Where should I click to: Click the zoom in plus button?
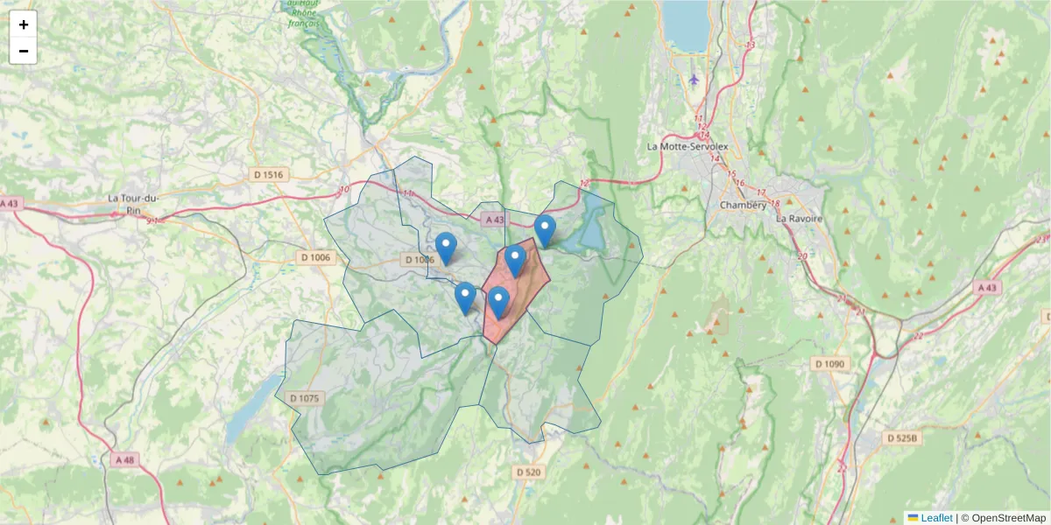[24, 24]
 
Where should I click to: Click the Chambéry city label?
[742, 205]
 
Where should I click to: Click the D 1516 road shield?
[268, 175]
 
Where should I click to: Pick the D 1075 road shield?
[303, 398]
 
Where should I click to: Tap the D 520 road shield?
[530, 472]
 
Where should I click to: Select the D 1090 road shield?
[829, 363]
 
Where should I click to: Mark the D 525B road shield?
[903, 437]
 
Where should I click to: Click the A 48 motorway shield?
[125, 459]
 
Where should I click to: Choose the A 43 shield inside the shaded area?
[494, 220]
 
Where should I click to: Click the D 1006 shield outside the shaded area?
[315, 257]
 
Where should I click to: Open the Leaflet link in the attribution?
[936, 518]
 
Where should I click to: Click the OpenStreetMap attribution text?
[1008, 518]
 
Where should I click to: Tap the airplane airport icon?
[694, 80]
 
